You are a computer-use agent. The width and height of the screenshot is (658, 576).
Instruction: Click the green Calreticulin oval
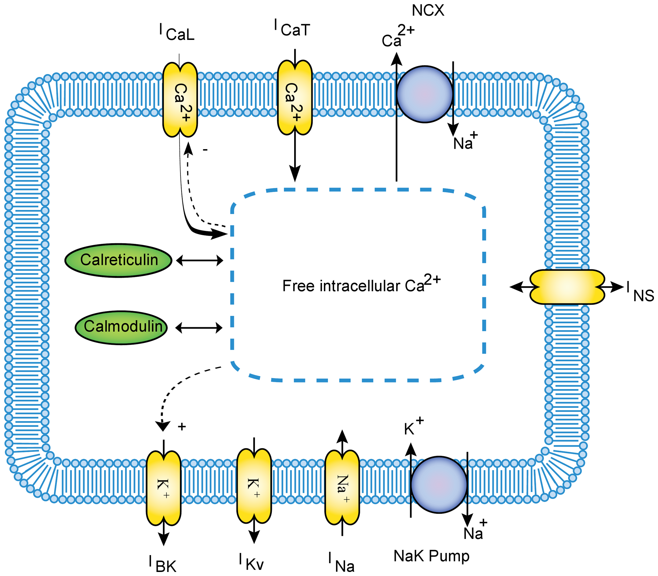tap(118, 260)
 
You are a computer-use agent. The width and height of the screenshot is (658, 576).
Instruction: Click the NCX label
tap(428, 11)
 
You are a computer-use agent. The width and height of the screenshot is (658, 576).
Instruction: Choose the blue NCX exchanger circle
tap(425, 94)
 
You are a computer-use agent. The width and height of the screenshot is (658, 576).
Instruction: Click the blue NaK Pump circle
tap(439, 484)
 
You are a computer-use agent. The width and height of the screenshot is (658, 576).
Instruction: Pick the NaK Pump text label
tap(431, 556)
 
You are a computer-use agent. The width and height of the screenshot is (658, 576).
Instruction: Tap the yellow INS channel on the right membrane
tap(567, 287)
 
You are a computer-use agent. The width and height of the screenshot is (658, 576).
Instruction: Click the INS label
tap(640, 292)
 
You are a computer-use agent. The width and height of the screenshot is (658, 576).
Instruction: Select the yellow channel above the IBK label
tap(164, 488)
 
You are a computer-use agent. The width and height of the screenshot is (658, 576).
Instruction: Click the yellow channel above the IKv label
tap(254, 486)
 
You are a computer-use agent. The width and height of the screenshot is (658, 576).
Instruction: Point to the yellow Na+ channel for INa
tap(342, 487)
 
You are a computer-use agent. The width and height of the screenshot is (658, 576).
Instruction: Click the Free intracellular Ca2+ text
tap(361, 285)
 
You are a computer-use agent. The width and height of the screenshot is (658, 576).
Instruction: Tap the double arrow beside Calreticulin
tap(200, 261)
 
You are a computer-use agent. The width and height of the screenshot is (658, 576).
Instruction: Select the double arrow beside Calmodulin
tap(199, 328)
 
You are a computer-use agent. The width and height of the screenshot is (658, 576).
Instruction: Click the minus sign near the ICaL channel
tap(205, 149)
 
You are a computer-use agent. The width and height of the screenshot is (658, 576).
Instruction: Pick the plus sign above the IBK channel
tap(182, 427)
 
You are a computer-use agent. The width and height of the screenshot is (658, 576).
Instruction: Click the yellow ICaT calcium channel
tap(295, 98)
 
